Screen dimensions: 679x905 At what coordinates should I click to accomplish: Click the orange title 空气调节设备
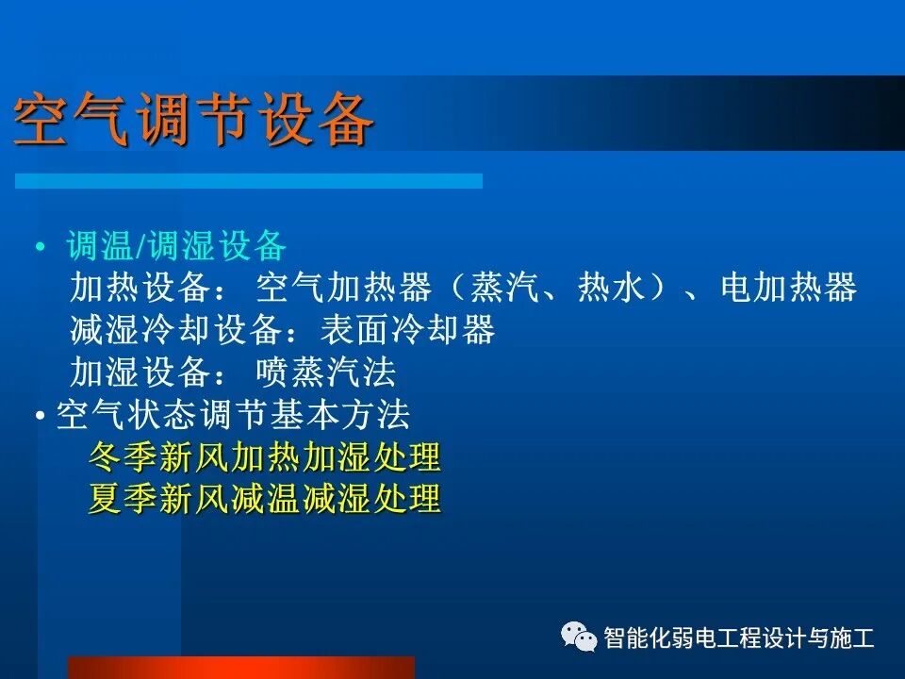(194, 121)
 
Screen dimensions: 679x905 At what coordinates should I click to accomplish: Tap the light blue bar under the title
(248, 180)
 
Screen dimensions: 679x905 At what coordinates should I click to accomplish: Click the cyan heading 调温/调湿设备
(176, 247)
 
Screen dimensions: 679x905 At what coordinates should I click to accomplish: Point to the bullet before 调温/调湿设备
(40, 248)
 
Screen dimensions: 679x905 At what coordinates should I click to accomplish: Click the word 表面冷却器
(407, 330)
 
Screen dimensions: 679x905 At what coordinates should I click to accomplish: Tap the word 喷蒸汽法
(326, 373)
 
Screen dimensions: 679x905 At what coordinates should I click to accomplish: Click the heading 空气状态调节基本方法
(233, 415)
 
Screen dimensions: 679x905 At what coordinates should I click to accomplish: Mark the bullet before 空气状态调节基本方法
(41, 416)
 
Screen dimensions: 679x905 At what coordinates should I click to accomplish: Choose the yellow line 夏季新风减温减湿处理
(264, 499)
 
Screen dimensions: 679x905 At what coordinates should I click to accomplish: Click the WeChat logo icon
(579, 638)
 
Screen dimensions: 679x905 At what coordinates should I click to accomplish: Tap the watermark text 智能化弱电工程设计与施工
(739, 638)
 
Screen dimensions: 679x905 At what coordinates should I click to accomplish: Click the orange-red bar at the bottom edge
(240, 668)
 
